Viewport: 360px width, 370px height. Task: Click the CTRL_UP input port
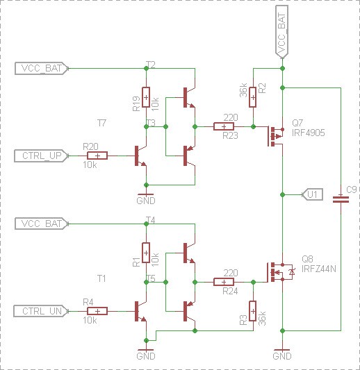point(41,155)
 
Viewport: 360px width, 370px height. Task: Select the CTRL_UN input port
point(41,311)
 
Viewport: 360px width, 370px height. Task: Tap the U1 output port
point(313,194)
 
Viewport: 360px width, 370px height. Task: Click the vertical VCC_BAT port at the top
point(282,32)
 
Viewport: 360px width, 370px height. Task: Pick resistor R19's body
point(146,97)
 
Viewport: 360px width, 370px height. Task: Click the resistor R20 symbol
point(97,155)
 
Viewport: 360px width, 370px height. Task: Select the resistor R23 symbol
point(224,126)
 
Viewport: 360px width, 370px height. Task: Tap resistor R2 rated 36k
point(253,97)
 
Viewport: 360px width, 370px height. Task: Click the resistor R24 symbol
point(224,282)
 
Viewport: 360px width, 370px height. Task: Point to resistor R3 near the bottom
point(253,311)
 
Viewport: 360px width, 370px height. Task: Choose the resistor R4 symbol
point(97,311)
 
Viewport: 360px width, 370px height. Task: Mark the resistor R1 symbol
point(146,253)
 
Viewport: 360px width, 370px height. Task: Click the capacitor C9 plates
point(341,199)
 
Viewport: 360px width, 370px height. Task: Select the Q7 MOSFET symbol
point(276,136)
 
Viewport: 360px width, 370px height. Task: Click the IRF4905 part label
point(309,133)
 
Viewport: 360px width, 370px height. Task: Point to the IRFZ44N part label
point(319,269)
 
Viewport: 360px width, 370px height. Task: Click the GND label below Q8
point(282,356)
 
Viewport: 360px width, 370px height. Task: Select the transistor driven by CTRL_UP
point(141,155)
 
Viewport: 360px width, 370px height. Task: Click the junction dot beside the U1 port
point(282,194)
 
